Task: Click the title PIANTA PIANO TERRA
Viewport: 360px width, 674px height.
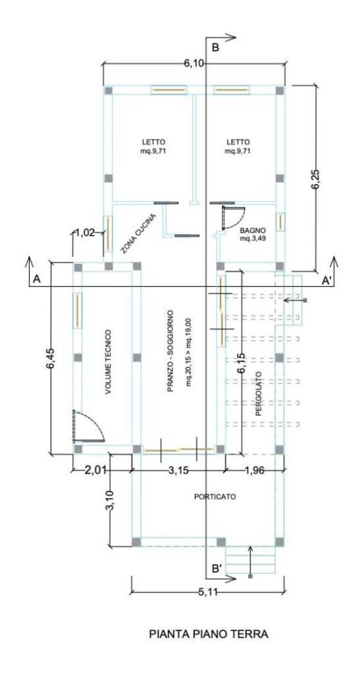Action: point(209,634)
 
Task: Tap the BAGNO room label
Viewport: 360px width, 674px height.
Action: point(253,230)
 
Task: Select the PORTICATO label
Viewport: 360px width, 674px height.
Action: point(215,496)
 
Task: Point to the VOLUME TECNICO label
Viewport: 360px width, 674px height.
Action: point(108,362)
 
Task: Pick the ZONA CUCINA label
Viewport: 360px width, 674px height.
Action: point(138,234)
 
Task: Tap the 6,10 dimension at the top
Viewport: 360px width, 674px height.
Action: point(194,63)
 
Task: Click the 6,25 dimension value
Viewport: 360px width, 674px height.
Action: point(317,178)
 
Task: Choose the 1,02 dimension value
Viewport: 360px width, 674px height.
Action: point(86,233)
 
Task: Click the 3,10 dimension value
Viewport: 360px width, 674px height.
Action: point(111,501)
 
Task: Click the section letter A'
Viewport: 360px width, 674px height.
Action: point(326,280)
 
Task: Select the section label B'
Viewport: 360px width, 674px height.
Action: point(217,569)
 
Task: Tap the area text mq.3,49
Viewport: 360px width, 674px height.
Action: point(253,238)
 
